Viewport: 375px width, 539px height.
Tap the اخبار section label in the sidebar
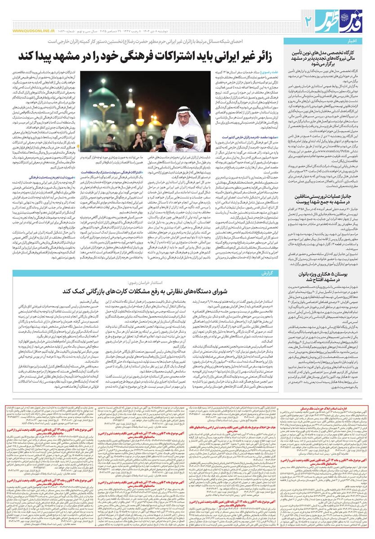coord(362,41)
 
